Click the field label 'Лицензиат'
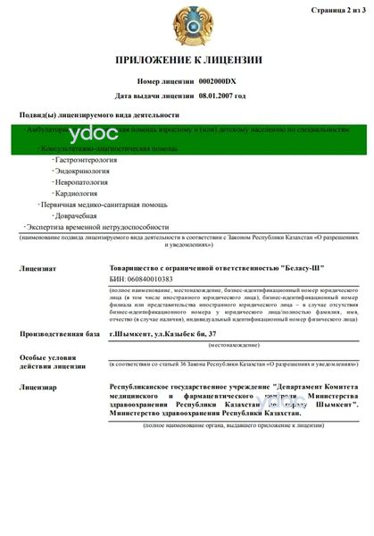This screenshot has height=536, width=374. (38, 268)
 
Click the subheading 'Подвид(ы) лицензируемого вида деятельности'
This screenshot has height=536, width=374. (98, 115)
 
